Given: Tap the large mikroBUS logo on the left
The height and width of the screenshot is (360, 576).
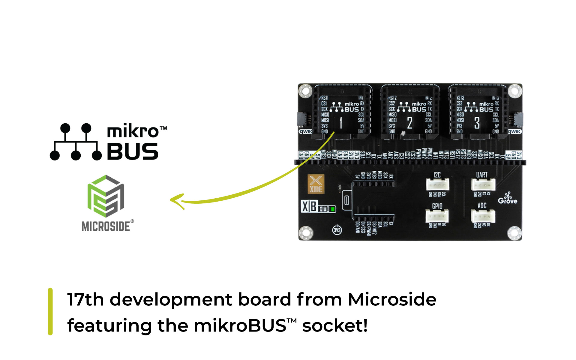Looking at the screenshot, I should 108,142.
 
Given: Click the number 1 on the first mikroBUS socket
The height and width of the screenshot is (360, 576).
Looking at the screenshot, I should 341,123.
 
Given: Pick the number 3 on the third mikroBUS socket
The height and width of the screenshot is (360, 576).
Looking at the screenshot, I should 477,123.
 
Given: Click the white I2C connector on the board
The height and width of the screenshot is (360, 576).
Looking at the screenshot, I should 438,185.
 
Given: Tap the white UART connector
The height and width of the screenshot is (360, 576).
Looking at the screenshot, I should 483,185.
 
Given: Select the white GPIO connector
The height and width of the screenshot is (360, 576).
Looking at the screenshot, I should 437,216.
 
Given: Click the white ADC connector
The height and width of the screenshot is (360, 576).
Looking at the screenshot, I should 483,216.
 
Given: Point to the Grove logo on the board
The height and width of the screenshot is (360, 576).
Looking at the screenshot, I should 508,199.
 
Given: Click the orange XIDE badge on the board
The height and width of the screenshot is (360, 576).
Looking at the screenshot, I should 316,184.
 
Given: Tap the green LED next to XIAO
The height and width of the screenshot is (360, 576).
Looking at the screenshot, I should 333,209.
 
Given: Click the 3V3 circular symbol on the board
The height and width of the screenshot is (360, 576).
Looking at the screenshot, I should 337,230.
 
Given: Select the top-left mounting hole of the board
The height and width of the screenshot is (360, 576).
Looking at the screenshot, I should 305,91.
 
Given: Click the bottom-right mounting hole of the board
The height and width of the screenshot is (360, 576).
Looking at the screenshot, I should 514,233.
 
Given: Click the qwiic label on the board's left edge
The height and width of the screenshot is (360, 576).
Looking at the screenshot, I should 305,131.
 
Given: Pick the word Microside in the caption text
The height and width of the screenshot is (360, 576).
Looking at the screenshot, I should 392,299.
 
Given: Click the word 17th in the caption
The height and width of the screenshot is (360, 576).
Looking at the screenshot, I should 85,299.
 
